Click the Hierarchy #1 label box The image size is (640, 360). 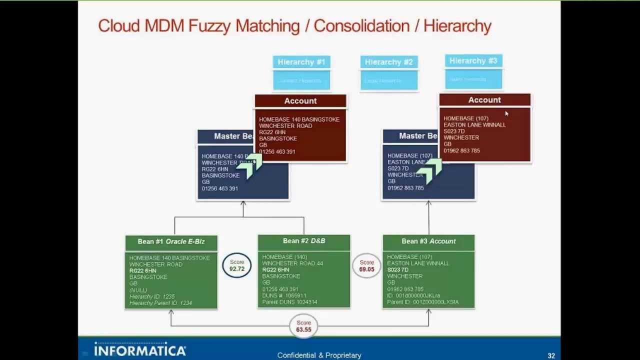301,62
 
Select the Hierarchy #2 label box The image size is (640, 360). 388,62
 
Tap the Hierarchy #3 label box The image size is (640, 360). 473,61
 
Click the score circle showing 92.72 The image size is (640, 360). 237,265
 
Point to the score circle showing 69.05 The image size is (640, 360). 366,265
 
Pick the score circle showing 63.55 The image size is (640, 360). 303,326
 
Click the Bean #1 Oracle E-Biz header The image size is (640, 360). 171,241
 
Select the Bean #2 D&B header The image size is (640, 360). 304,241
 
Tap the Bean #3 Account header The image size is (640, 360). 428,241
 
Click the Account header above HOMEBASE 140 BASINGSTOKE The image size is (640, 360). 300,101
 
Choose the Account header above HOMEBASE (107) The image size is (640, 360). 484,100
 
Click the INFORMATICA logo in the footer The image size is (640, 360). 140,350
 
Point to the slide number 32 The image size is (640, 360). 551,356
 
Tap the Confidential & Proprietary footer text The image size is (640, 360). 319,355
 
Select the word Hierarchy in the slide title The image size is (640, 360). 457,26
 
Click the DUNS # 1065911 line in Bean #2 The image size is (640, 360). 284,295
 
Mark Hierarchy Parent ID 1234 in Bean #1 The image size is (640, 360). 160,303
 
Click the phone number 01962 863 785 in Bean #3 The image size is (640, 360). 405,289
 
